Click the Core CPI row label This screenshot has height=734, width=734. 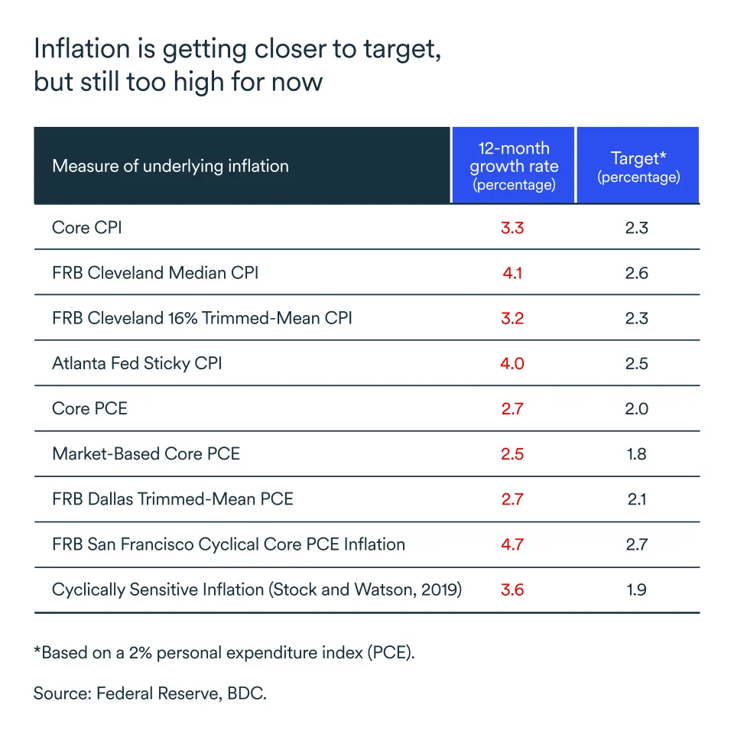pos(86,227)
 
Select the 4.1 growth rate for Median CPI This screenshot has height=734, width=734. pos(512,272)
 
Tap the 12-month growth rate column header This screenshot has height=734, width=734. pos(513,166)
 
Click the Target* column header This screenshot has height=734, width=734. pos(638,166)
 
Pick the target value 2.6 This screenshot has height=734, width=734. pos(636,272)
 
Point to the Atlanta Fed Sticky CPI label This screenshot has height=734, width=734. pos(137,363)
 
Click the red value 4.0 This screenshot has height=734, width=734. pos(512,363)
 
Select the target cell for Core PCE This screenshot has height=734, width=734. pos(636,408)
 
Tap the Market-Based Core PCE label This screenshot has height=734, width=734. pos(146,453)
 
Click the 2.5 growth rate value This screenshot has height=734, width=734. pos(512,453)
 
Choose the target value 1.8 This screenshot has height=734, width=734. pos(636,453)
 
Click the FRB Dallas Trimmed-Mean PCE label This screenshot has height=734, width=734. pos(173,499)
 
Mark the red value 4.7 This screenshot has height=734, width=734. pos(512,544)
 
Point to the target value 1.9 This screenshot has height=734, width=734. pos(636,589)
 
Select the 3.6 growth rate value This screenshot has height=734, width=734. pos(512,589)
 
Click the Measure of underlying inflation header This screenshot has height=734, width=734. pos(171,166)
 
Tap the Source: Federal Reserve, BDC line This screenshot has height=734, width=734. pos(151,694)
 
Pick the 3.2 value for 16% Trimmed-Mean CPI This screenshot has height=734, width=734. pos(512,318)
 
